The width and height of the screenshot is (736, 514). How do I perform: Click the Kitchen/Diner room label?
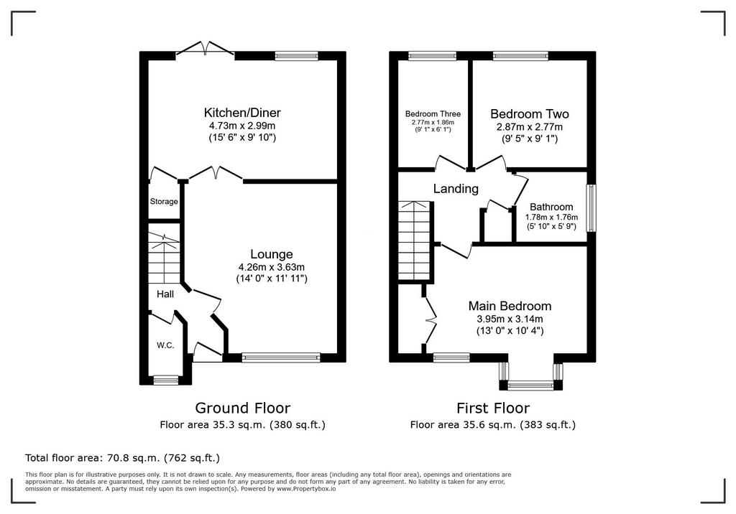[x=242, y=113]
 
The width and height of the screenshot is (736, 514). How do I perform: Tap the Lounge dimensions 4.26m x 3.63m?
[x=271, y=267]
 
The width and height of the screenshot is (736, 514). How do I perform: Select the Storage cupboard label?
[x=164, y=202]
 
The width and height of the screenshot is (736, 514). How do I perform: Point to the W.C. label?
[x=165, y=345]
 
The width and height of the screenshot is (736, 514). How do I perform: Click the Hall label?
[x=165, y=294]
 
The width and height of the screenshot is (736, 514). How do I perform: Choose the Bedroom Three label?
[x=433, y=114]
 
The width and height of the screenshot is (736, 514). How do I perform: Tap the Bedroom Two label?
[x=530, y=114]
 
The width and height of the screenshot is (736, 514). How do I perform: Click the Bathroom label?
[x=551, y=207]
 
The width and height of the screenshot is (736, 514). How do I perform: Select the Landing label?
[x=456, y=189]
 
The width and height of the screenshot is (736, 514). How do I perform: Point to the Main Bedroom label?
[x=510, y=307]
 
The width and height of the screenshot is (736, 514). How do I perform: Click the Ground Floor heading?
[x=243, y=408]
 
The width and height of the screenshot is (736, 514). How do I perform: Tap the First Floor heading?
[x=493, y=408]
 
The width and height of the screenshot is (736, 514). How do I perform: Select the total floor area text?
[x=122, y=458]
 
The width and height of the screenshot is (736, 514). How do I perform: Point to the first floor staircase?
[x=415, y=241]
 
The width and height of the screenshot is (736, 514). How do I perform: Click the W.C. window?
[x=166, y=380]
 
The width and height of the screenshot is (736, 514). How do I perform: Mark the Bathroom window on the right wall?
[x=592, y=207]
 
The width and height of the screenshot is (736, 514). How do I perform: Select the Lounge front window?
[x=281, y=358]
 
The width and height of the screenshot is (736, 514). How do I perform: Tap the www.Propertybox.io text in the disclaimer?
[x=306, y=489]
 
